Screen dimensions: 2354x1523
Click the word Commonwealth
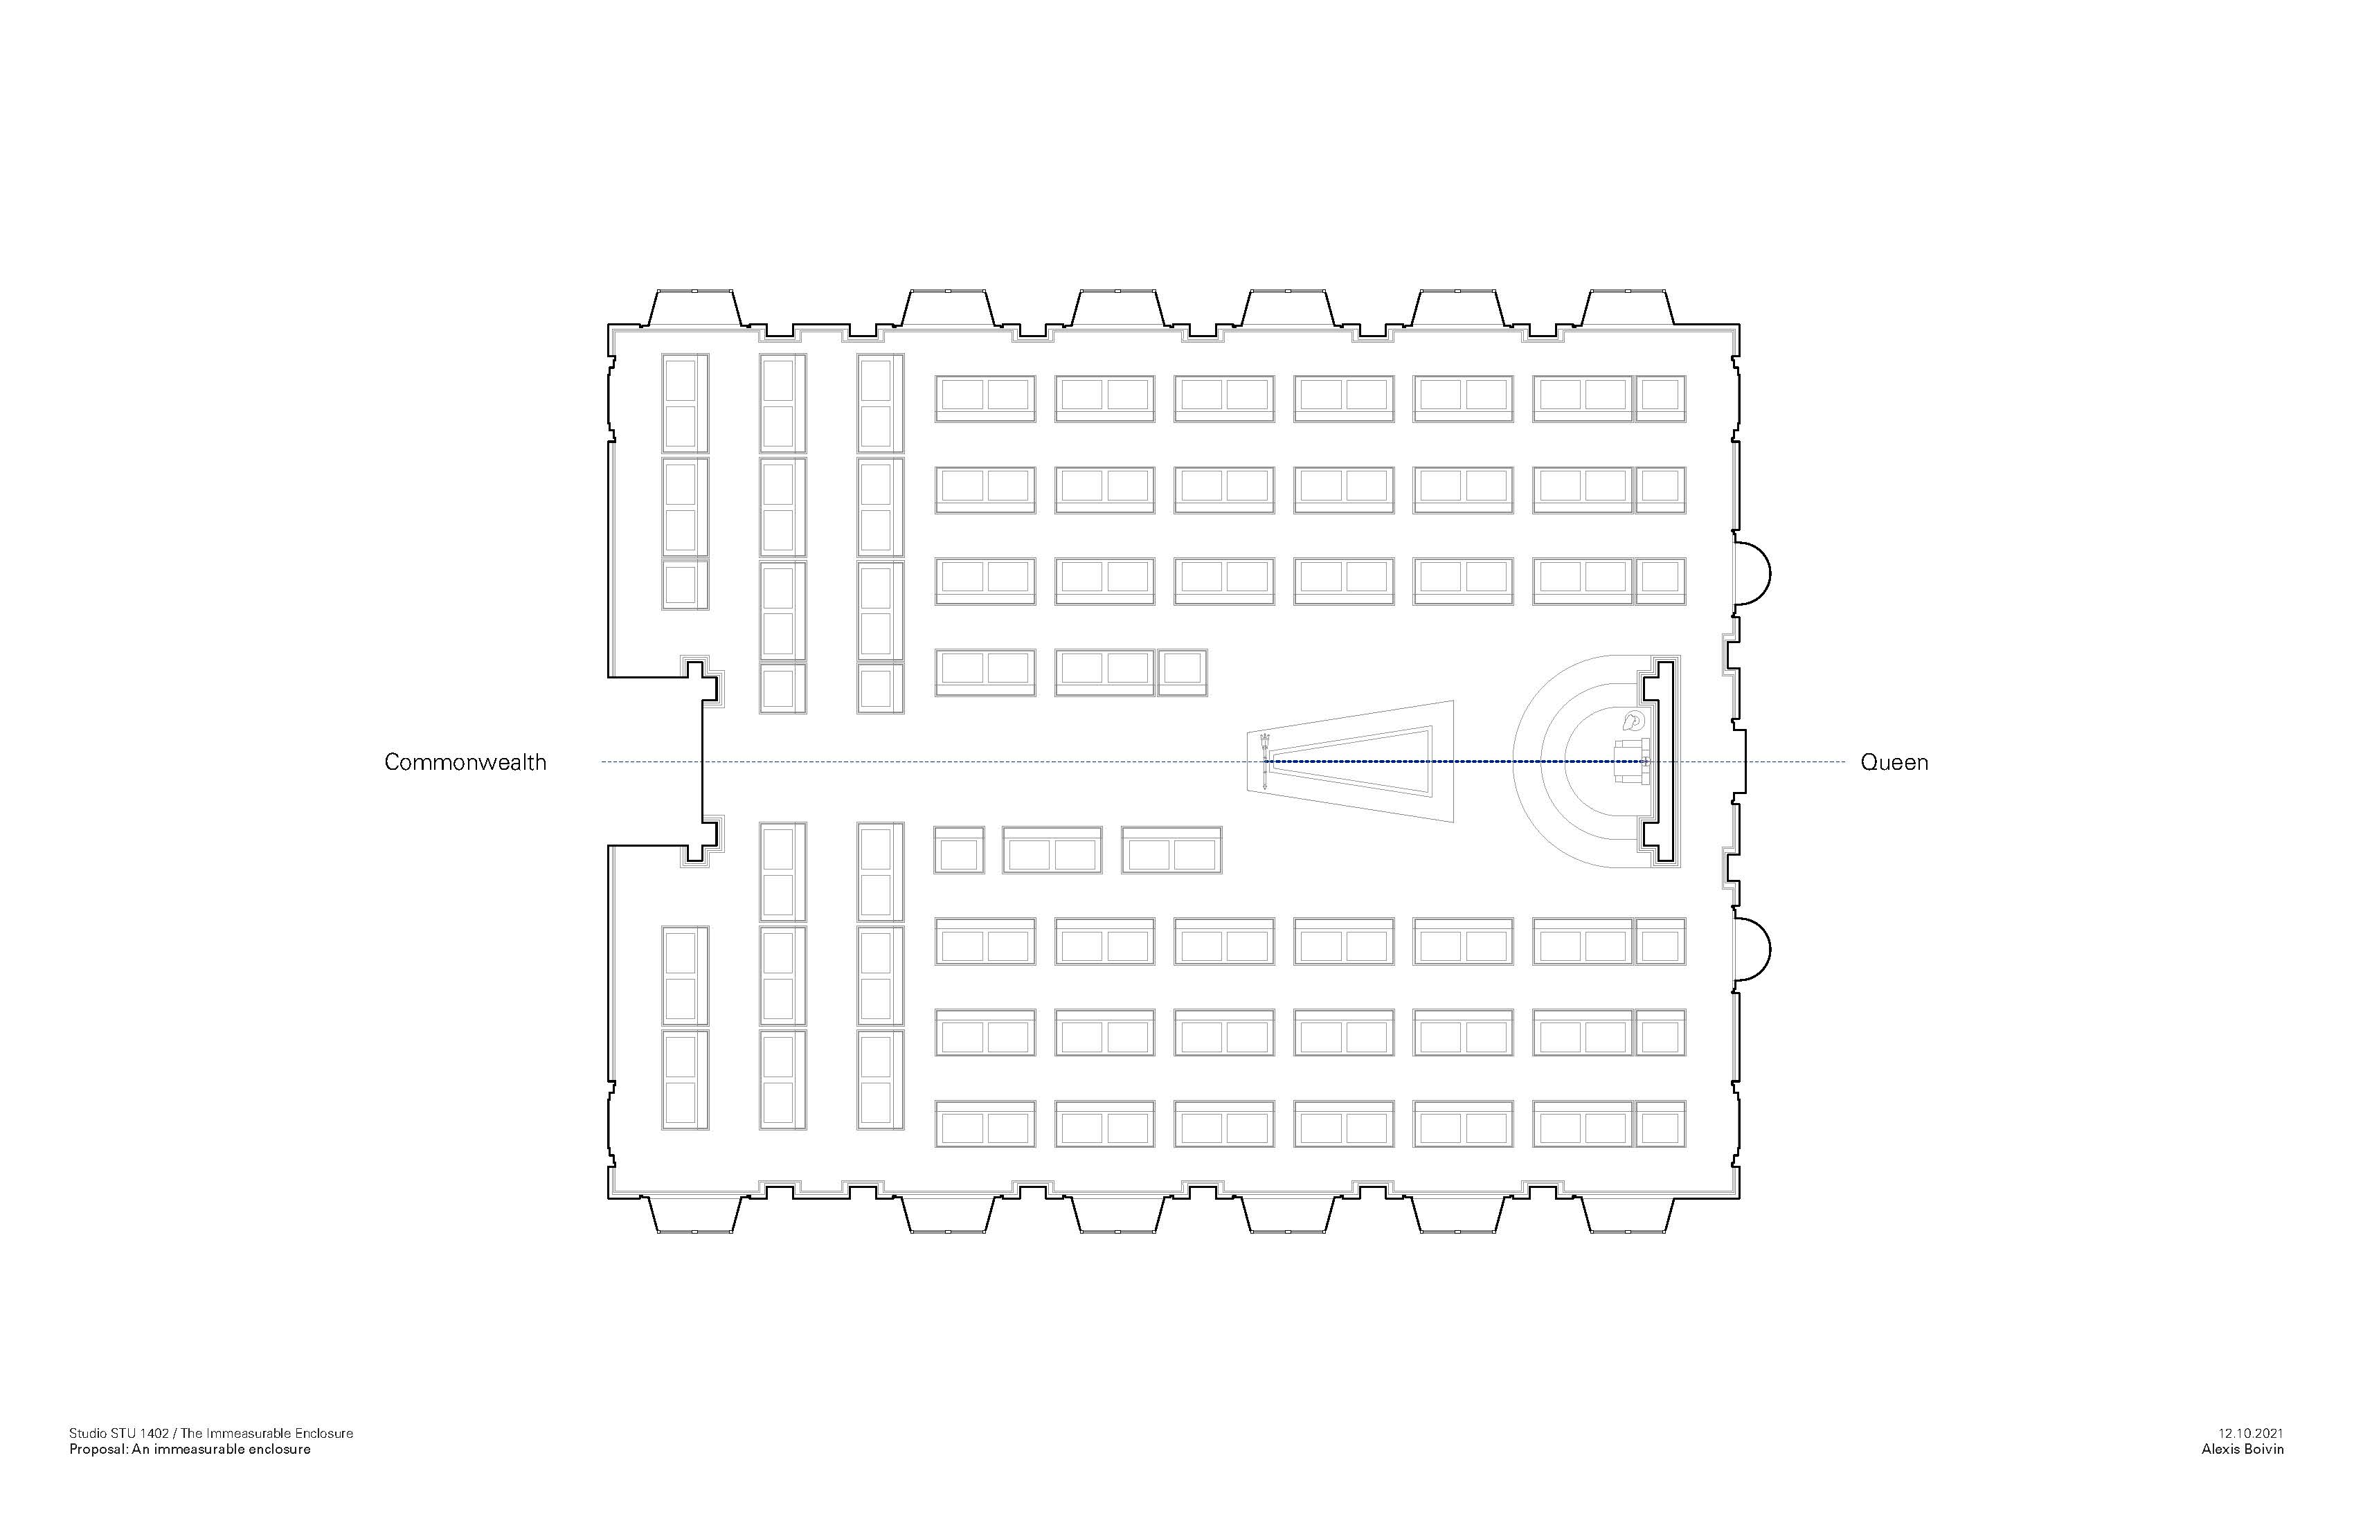[465, 762]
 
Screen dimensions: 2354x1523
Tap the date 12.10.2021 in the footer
[2250, 1433]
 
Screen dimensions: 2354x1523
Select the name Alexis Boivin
[2243, 1450]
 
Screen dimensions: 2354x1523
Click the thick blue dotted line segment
[1454, 761]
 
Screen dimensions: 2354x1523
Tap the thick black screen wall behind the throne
[1666, 761]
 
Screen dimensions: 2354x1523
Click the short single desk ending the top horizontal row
[1661, 397]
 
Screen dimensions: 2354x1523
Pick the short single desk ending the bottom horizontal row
[1661, 1124]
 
